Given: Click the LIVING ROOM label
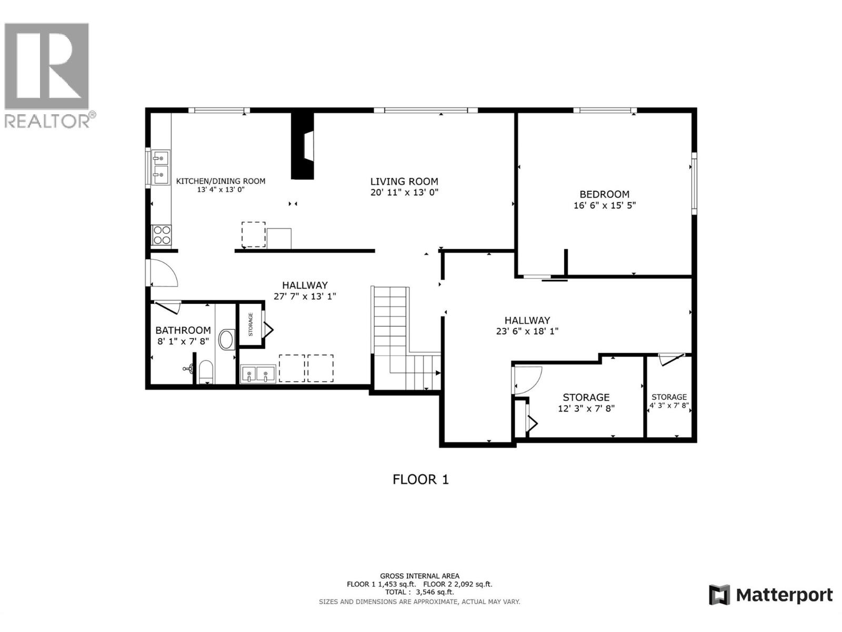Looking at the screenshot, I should (404, 181).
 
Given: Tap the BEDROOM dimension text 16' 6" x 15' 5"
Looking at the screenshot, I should (604, 205).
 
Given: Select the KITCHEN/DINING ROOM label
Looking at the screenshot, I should (220, 181).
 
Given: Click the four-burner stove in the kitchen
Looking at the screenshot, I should (161, 235).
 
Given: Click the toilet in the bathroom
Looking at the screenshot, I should (205, 371).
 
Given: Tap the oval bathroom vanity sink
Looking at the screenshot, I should (227, 340).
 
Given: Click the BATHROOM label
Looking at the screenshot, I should (183, 330).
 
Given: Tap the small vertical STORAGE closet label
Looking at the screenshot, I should (250, 324).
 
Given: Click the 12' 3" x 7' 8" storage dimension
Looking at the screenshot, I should (586, 408).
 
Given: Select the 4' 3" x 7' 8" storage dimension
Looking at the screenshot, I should (669, 406).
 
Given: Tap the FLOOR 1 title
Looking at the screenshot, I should (420, 479).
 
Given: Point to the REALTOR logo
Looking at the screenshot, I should (47, 74).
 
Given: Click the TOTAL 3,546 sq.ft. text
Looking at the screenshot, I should (419, 592).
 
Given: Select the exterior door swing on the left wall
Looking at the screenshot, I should (163, 273).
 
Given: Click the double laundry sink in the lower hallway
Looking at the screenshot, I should (258, 373).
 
